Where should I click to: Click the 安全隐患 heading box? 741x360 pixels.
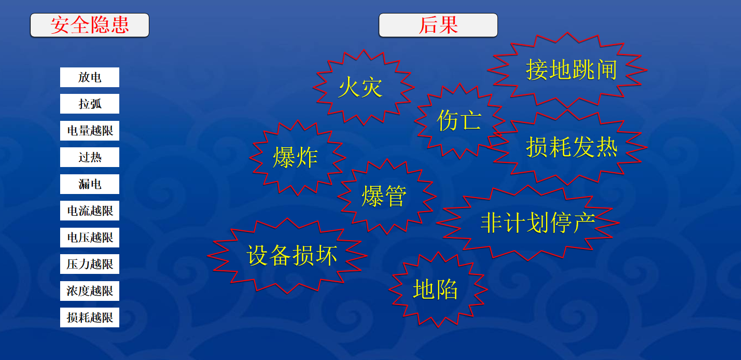[90, 25]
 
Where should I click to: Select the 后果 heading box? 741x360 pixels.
[438, 25]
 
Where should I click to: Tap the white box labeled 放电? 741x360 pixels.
[90, 77]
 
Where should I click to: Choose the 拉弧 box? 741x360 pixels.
[90, 104]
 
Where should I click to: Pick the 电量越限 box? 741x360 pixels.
[90, 131]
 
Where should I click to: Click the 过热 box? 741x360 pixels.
[90, 157]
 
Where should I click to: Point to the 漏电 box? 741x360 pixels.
[90, 184]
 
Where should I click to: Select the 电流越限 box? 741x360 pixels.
[90, 211]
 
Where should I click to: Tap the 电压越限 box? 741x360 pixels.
[90, 238]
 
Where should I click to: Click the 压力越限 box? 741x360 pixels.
[90, 264]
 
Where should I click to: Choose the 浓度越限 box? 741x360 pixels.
[90, 291]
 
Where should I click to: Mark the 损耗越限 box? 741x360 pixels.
[90, 317]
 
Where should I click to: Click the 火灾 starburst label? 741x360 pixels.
[360, 87]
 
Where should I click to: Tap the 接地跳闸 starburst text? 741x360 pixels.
[571, 70]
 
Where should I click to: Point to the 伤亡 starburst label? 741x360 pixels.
[459, 120]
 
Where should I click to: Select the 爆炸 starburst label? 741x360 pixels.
[295, 158]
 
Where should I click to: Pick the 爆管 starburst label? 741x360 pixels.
[384, 196]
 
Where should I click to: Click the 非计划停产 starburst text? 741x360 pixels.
[538, 223]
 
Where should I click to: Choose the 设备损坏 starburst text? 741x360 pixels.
[292, 255]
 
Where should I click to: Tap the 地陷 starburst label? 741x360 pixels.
[436, 289]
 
